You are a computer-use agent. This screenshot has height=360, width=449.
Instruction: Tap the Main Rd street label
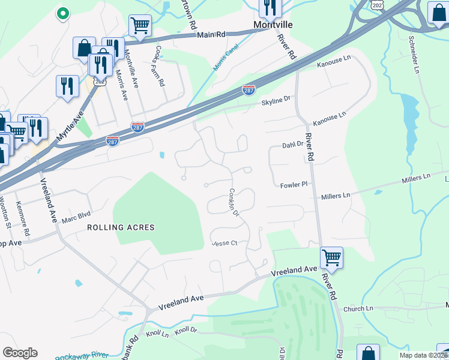211,35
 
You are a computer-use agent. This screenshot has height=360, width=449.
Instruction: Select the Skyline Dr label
276,102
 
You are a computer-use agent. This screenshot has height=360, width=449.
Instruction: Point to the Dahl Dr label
293,145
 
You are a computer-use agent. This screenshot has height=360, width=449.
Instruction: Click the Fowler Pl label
294,185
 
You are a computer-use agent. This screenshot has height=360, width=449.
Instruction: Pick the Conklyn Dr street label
234,203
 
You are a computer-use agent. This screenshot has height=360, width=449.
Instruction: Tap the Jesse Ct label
226,243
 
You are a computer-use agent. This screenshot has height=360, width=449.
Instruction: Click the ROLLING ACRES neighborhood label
121,227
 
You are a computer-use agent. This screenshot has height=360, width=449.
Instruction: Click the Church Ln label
358,308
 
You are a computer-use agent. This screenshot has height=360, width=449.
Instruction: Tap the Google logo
20,352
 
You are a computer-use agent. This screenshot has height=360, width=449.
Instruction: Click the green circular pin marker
61,13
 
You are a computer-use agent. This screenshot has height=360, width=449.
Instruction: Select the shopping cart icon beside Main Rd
139,25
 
